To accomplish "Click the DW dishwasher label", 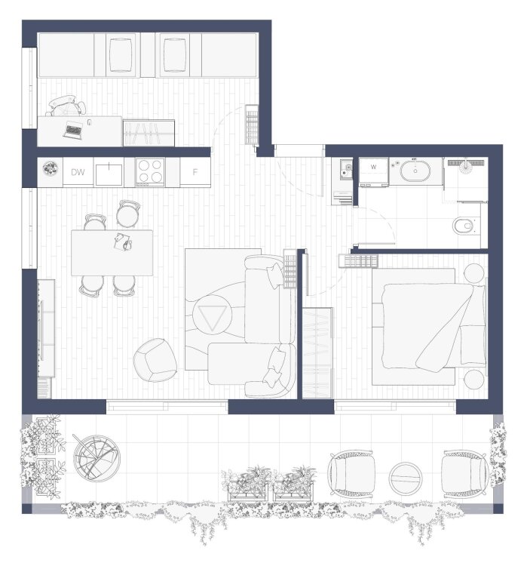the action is pos(78,172).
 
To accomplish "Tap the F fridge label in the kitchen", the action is pos(195,172).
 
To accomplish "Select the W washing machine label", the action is pos(373,167).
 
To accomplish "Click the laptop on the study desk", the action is pos(73,130).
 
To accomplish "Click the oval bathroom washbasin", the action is pos(415,171).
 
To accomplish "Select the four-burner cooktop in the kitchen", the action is pos(150,172).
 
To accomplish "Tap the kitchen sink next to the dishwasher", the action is pos(109,174).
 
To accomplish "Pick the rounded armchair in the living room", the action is pos(155,360).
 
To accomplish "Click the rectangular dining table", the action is pos(112,253).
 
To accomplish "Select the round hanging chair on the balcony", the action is pos(97,458).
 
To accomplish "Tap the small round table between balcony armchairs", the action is pos(405,478).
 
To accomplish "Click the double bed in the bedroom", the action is pos(429,327).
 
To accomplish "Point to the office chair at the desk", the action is pos(66,106).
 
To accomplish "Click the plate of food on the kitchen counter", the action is pos(51,168).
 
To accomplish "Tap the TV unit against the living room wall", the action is pos(46,328).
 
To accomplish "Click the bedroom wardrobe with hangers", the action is pos(317,352).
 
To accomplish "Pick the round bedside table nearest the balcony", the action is pos(474,379).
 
